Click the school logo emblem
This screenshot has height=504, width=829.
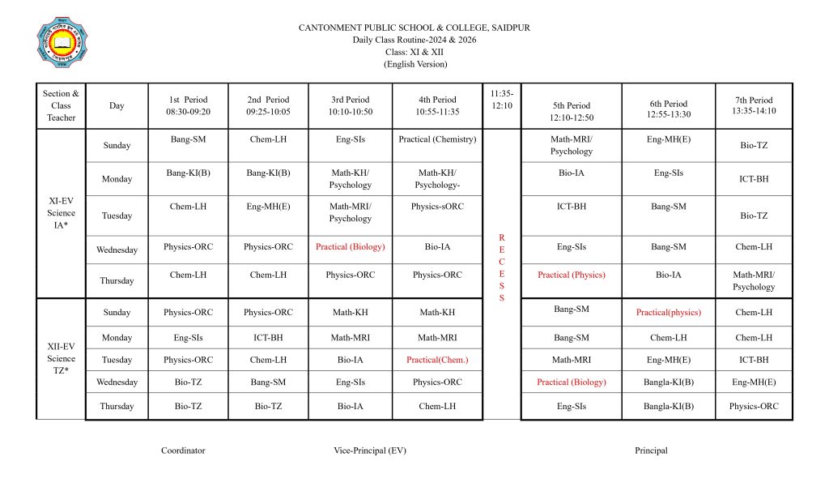pyautogui.click(x=62, y=42)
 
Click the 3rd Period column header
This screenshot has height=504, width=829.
pyautogui.click(x=351, y=105)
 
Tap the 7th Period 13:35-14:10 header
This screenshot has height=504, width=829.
pyautogui.click(x=754, y=105)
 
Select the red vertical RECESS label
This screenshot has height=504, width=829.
pyautogui.click(x=501, y=267)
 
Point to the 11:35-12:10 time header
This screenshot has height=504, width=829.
pyautogui.click(x=502, y=100)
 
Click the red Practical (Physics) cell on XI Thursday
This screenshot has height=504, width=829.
pyautogui.click(x=571, y=275)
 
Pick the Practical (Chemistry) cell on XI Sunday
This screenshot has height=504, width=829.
pyautogui.click(x=437, y=139)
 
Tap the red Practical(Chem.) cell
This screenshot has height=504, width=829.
pyautogui.click(x=437, y=360)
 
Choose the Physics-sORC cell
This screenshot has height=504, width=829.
pyautogui.click(x=437, y=207)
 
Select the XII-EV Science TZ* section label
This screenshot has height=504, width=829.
pyautogui.click(x=61, y=358)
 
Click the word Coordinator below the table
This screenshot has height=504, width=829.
pyautogui.click(x=183, y=451)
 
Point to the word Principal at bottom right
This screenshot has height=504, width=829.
pyautogui.click(x=651, y=451)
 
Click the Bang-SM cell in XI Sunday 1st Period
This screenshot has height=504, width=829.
pyautogui.click(x=188, y=139)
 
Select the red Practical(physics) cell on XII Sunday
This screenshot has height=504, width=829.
pyautogui.click(x=668, y=313)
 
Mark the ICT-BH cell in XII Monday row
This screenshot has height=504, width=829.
pyautogui.click(x=268, y=338)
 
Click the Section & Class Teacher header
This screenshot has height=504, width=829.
pyautogui.click(x=61, y=105)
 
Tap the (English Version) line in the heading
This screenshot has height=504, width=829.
pyautogui.click(x=414, y=64)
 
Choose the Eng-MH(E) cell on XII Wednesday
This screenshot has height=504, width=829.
pyautogui.click(x=753, y=382)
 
